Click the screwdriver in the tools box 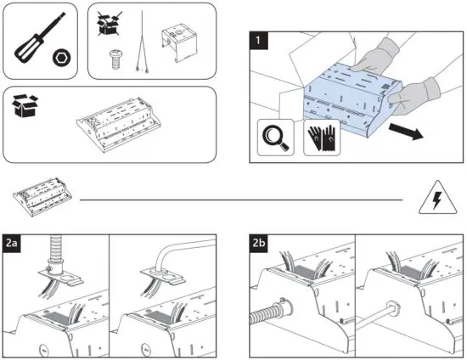click(x=40, y=37)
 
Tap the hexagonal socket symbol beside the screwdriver click(x=62, y=58)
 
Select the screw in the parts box click(x=115, y=59)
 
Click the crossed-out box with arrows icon click(x=110, y=24)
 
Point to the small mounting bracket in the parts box click(x=179, y=42)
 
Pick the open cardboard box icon click(x=25, y=105)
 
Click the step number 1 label click(x=258, y=40)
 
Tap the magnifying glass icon click(x=275, y=138)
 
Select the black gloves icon click(x=322, y=138)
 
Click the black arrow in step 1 click(x=406, y=131)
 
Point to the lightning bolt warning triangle click(x=437, y=199)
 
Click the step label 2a click(x=12, y=244)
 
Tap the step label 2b click(x=258, y=244)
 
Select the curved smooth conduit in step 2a click(x=178, y=252)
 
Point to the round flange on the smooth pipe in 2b click(x=392, y=310)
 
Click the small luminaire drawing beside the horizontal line click(x=42, y=197)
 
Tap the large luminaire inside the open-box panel click(x=119, y=125)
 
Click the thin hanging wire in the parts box click(x=143, y=42)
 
